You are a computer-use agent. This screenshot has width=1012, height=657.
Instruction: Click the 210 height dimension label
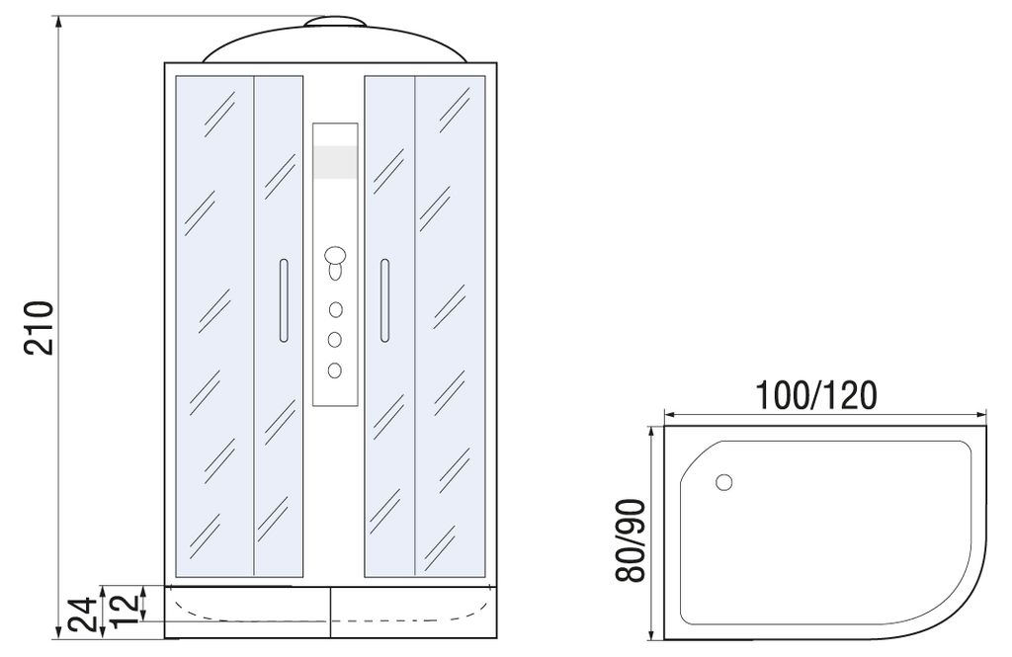coord(39,327)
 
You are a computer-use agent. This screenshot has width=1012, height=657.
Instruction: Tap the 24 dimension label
coord(84,615)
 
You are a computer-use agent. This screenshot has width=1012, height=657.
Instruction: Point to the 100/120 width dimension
coord(815,395)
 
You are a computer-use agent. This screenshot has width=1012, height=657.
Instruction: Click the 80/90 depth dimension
coord(630,540)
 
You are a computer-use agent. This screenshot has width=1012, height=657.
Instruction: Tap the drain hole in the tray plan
coord(724,482)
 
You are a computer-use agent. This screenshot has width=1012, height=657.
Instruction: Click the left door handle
coord(284,300)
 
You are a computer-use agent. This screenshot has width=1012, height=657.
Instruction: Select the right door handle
coord(384,300)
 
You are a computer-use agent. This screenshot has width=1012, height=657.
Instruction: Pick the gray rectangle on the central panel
coord(335,162)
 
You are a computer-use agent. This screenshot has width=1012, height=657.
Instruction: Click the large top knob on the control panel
coord(335,255)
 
